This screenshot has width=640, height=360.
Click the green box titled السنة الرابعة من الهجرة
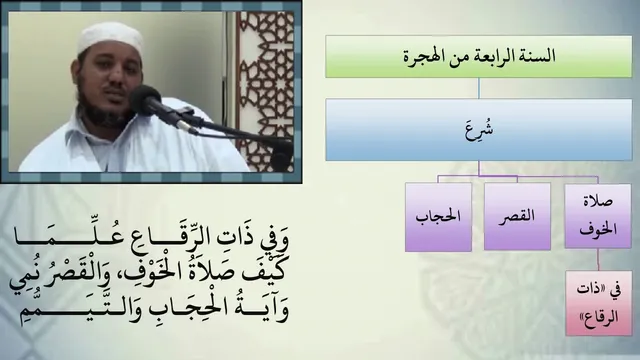(478, 56)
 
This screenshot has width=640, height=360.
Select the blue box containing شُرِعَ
(478, 129)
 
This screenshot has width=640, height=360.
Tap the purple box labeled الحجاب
(438, 217)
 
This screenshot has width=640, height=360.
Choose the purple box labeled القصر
(517, 216)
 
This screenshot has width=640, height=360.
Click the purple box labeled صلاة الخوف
(598, 216)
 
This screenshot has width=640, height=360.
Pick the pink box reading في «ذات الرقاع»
(599, 303)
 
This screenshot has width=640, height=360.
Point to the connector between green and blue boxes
(479, 88)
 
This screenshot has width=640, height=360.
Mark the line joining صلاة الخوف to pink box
(598, 260)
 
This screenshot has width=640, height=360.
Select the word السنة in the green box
(540, 56)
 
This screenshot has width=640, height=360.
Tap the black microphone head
(146, 99)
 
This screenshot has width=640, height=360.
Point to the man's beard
(104, 110)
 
